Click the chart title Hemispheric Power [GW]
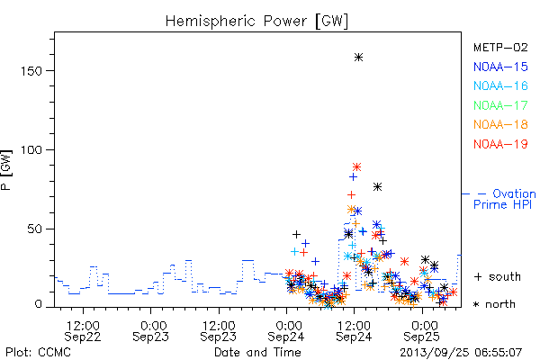[256, 22]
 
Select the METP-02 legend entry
[500, 47]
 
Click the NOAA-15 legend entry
[500, 67]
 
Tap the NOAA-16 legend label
[500, 85]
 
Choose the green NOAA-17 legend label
[500, 105]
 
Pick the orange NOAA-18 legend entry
[500, 124]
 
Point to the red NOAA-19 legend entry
[500, 144]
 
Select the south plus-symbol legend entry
[498, 276]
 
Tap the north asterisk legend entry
[494, 304]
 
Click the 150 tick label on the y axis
[31, 71]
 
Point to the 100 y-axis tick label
[31, 150]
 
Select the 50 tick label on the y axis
[34, 229]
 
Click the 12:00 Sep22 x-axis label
[83, 331]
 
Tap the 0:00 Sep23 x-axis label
[150, 331]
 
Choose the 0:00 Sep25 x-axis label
[422, 331]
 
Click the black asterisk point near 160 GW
[358, 58]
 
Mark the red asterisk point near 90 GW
[356, 167]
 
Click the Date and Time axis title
[257, 352]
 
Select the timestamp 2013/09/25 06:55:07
[461, 353]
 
